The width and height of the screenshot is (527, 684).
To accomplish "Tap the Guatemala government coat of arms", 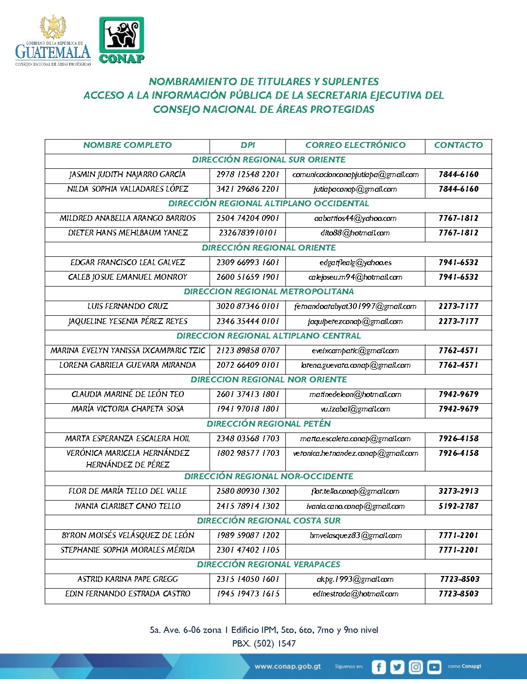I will tap(53, 27).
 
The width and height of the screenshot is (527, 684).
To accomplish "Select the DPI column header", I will tap(247, 145).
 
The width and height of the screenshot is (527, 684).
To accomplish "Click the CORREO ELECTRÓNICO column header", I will tap(355, 145).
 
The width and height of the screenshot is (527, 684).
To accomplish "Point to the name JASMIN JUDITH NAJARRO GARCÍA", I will tap(127, 174).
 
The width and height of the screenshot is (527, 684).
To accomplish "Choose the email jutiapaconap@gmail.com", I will tap(355, 189).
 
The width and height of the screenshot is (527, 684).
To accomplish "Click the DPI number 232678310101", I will tap(248, 233).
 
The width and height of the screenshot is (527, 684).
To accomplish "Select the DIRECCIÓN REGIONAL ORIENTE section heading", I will tap(268, 248).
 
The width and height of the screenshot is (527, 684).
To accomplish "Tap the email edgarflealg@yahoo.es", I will tap(355, 262).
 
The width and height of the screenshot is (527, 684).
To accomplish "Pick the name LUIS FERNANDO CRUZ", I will tap(127, 306).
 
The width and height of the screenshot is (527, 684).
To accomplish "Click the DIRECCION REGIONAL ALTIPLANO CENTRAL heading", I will tap(268, 336).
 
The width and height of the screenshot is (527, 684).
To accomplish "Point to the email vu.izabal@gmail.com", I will tap(355, 409).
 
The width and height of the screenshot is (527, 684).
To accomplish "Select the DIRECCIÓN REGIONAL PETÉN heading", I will tap(268, 424).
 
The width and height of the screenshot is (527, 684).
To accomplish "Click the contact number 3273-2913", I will tap(458, 491).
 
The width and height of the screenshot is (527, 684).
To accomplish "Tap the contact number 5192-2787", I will tap(458, 506).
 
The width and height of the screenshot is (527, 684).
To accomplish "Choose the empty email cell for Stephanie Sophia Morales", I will tap(355, 550).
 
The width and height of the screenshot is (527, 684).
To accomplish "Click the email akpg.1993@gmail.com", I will tap(355, 579).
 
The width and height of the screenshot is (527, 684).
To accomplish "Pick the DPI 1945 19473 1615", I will tap(248, 594).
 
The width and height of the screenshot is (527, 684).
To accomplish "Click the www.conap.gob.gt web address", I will tap(288, 666).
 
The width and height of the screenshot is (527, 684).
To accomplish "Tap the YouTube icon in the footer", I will tap(434, 667).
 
